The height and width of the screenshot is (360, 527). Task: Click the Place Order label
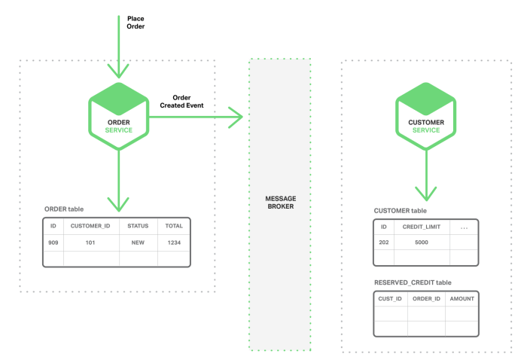tap(136, 23)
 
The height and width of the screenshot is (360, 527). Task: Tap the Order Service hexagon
tap(119, 116)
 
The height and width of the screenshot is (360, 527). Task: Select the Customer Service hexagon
tap(426, 116)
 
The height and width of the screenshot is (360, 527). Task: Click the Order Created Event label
tap(181, 102)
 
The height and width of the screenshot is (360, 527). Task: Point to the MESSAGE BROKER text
tap(281, 203)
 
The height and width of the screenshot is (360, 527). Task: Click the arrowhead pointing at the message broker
tap(239, 117)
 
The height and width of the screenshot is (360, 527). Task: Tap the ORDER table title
tap(64, 209)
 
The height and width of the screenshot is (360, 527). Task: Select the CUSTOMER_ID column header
tap(90, 226)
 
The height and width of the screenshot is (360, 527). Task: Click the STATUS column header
tap(138, 226)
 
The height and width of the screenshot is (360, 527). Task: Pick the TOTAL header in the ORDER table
tap(174, 226)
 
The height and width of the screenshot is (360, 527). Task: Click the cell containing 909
tap(53, 243)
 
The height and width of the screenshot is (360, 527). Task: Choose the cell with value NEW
tap(138, 243)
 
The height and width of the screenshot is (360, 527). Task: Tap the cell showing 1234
tap(174, 243)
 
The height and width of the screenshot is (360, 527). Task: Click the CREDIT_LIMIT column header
tap(422, 227)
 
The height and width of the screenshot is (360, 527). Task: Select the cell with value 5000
tap(422, 243)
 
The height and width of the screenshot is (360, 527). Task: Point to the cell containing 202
tap(384, 243)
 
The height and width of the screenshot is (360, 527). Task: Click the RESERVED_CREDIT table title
tap(413, 282)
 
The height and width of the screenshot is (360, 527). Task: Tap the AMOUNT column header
tap(462, 299)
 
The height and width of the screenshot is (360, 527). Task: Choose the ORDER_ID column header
tap(426, 299)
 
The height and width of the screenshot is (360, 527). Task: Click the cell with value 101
tap(90, 243)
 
